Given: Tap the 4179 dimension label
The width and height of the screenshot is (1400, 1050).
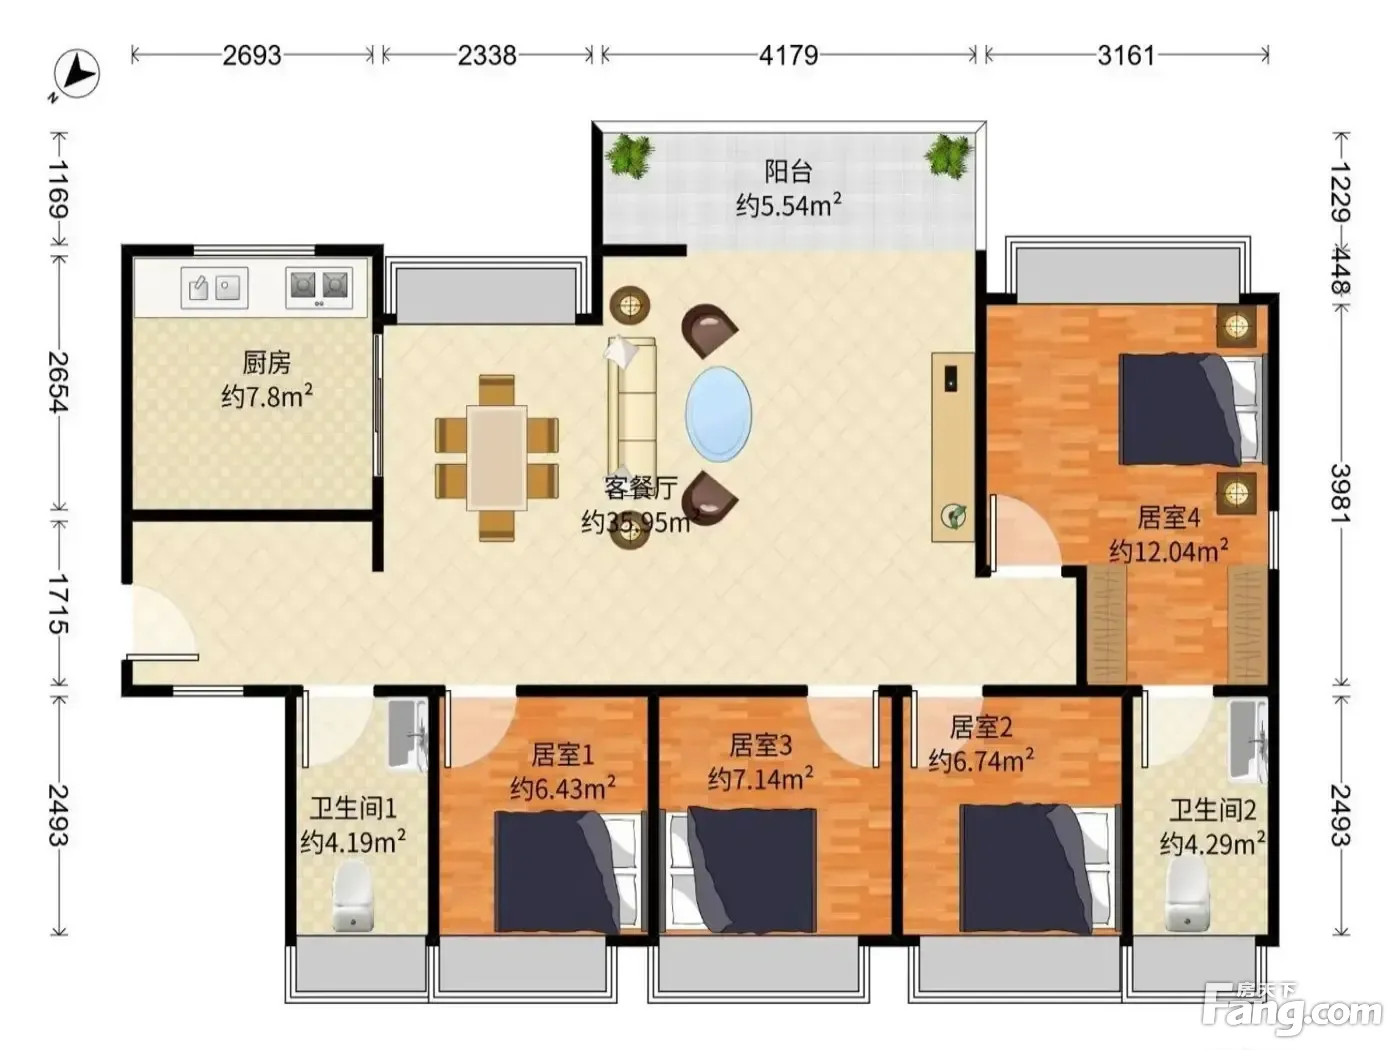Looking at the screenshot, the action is click(788, 56).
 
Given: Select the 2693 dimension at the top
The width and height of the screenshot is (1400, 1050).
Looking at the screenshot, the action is click(252, 56).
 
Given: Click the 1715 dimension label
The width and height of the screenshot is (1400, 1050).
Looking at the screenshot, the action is click(59, 603).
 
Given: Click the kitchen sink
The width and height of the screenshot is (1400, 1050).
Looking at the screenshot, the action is click(214, 288).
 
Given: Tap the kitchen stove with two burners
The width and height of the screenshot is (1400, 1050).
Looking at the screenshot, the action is click(319, 288).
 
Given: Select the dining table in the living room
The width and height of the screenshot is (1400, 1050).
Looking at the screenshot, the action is click(497, 458).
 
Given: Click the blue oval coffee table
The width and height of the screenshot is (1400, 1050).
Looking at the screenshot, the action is click(718, 414).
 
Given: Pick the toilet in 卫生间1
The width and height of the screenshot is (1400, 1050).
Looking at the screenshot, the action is click(352, 897).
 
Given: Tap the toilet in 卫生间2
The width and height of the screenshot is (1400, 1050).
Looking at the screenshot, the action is click(1187, 894).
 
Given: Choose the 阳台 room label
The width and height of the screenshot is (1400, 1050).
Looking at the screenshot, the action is click(788, 171).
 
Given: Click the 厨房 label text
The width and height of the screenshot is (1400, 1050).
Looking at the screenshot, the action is click(267, 362).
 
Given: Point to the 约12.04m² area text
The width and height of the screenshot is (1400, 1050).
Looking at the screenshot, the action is click(1169, 550).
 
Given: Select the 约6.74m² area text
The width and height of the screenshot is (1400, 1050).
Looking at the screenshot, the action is click(981, 760).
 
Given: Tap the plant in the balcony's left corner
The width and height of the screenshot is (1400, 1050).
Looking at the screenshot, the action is click(630, 156).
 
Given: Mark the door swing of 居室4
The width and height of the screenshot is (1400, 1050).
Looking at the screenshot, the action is click(1024, 533).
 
